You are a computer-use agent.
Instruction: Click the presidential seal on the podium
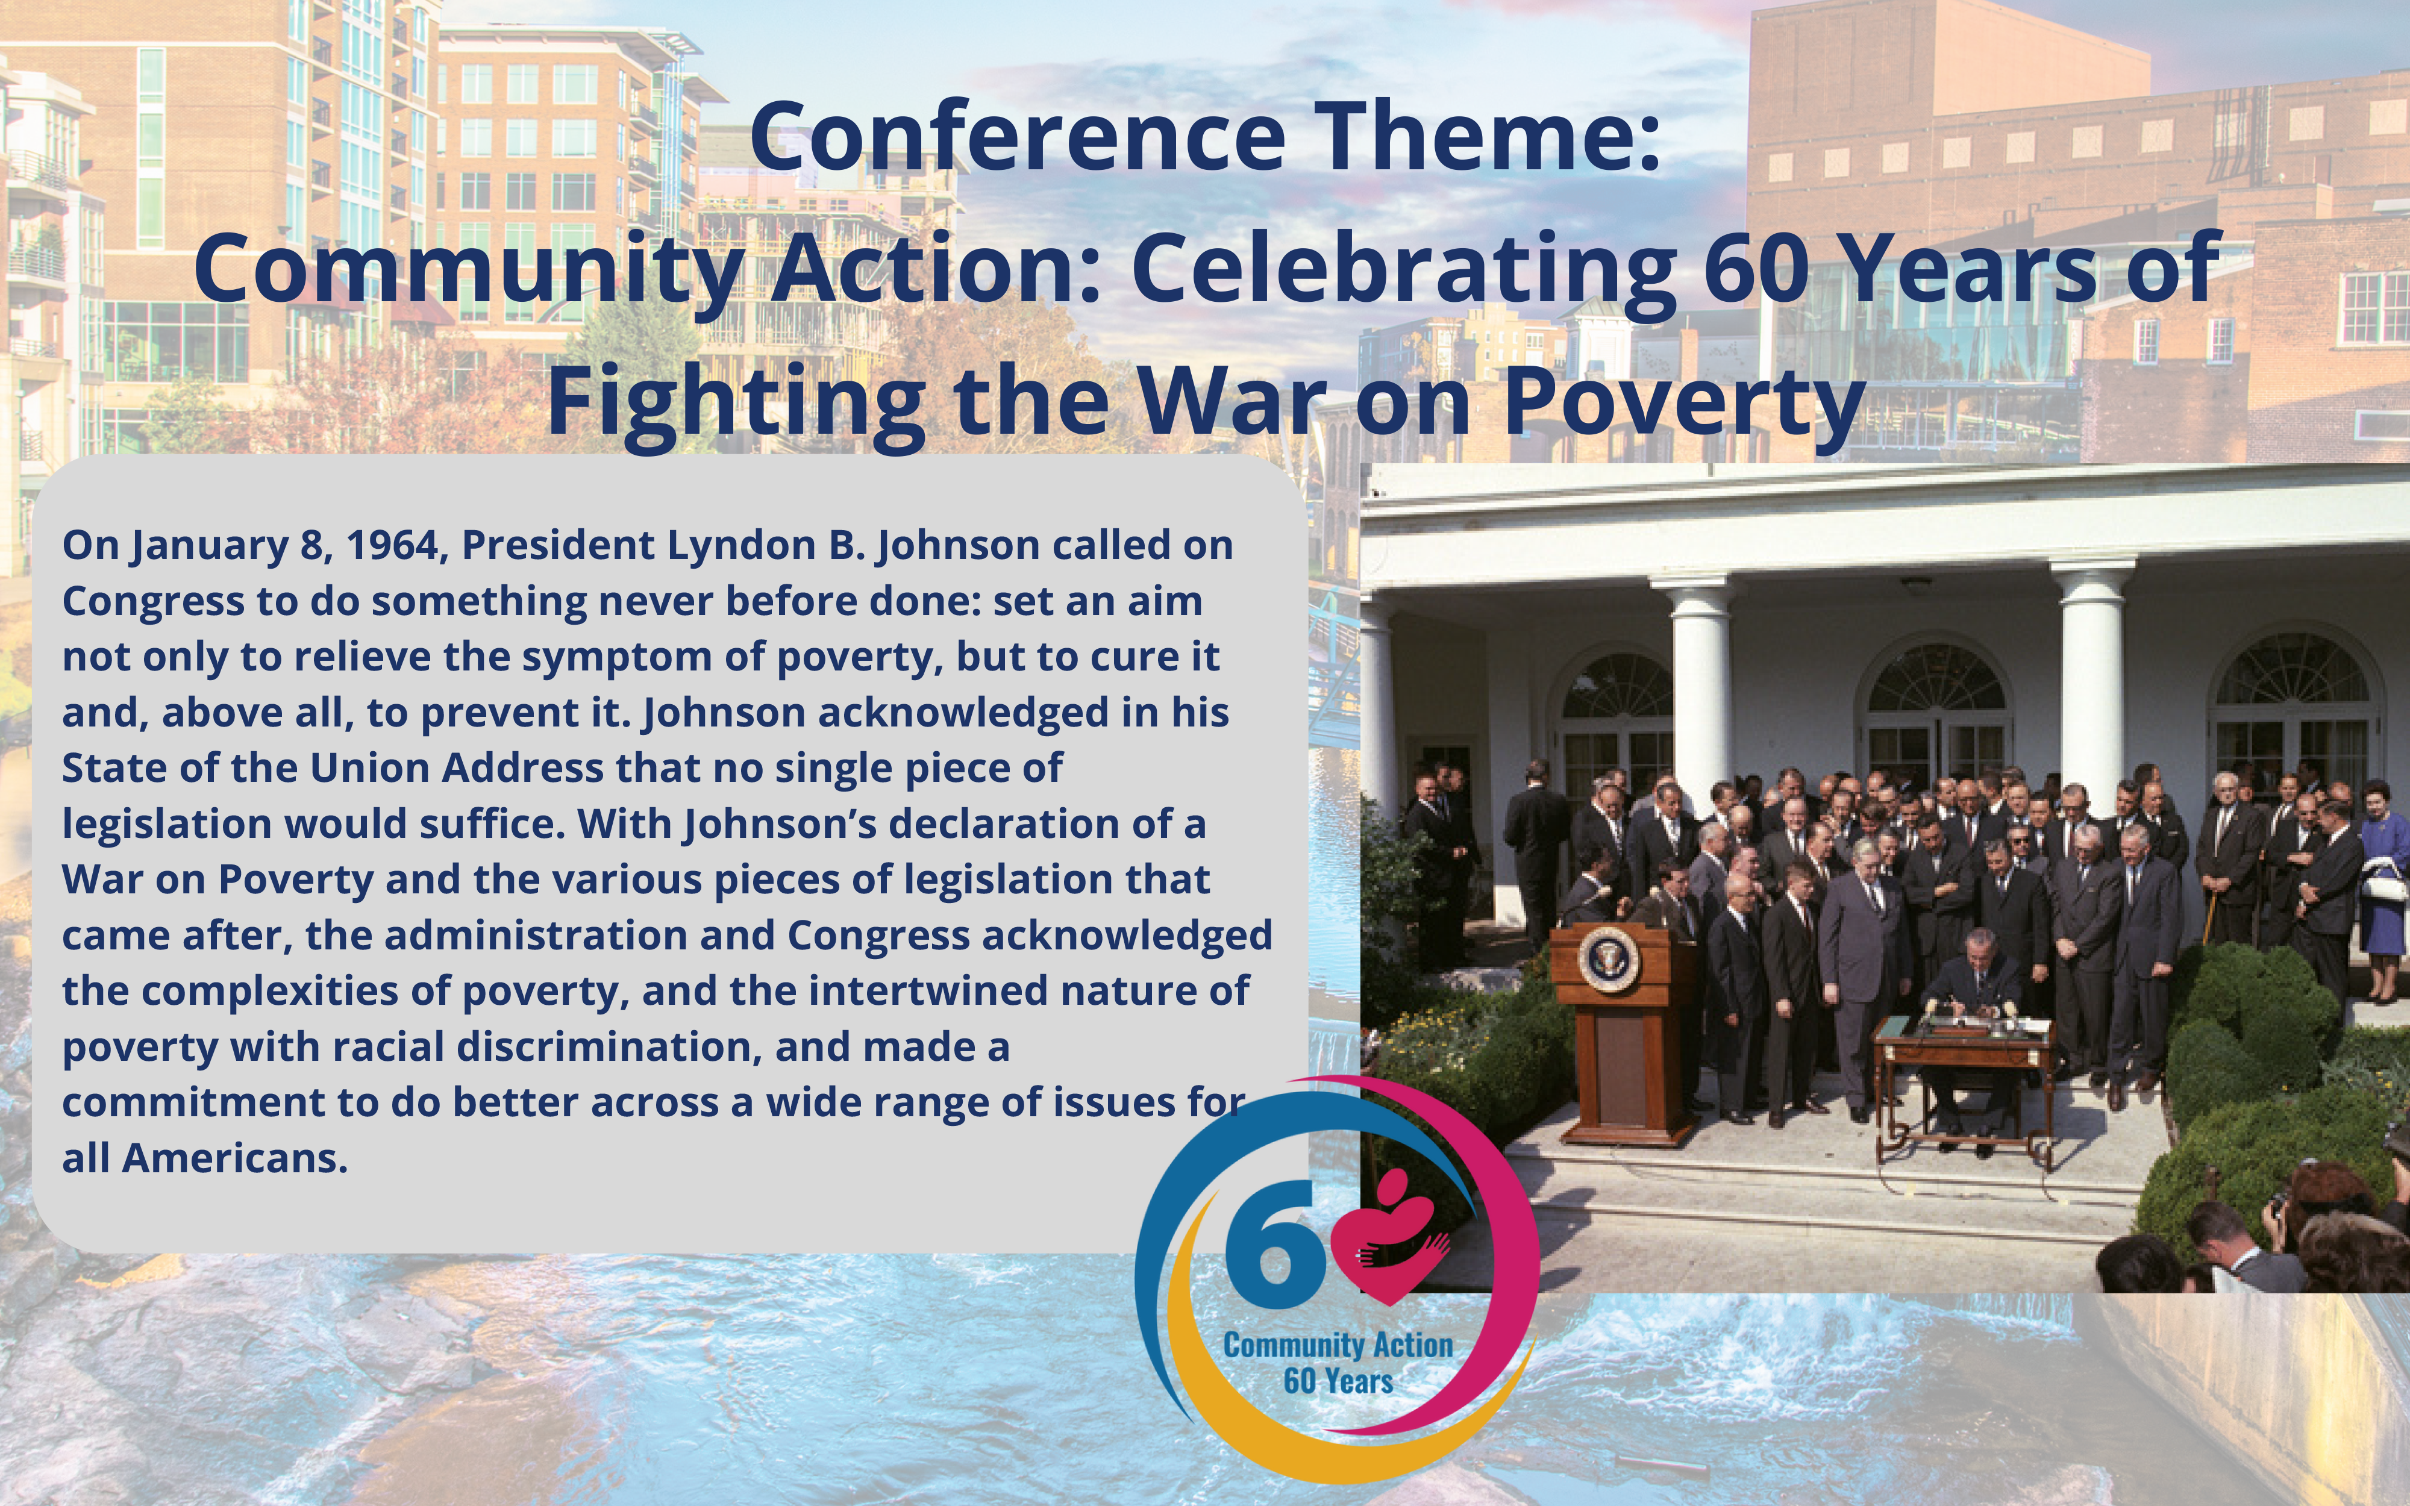pos(1607,958)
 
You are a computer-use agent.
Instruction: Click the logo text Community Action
pos(1338,1346)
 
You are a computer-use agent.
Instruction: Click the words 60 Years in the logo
pos(1338,1381)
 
